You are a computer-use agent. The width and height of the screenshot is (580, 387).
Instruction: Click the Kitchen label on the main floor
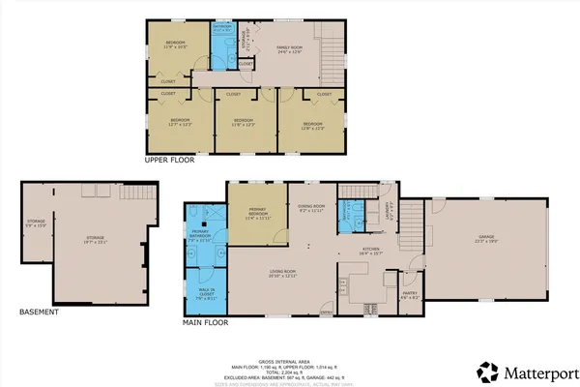click(x=373, y=251)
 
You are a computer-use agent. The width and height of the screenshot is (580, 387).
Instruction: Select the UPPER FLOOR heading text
click(x=171, y=160)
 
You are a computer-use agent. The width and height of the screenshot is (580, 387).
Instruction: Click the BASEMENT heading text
click(x=40, y=313)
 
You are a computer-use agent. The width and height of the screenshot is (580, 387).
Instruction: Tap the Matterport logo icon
click(x=488, y=371)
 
